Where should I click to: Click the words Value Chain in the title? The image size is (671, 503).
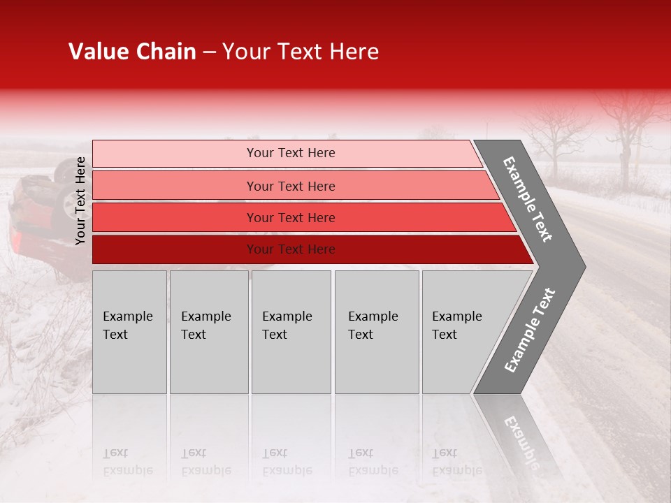132,52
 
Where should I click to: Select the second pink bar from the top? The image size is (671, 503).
290,186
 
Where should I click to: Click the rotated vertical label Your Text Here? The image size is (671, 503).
80,201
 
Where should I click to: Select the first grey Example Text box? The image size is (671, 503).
129,332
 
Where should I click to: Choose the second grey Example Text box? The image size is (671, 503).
208,332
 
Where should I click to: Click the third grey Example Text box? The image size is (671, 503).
291,332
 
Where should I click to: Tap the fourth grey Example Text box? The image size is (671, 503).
376,332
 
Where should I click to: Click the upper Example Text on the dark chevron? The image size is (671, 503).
528,199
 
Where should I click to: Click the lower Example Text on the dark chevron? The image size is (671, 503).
529,330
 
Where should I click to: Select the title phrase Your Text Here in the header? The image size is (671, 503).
301,52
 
